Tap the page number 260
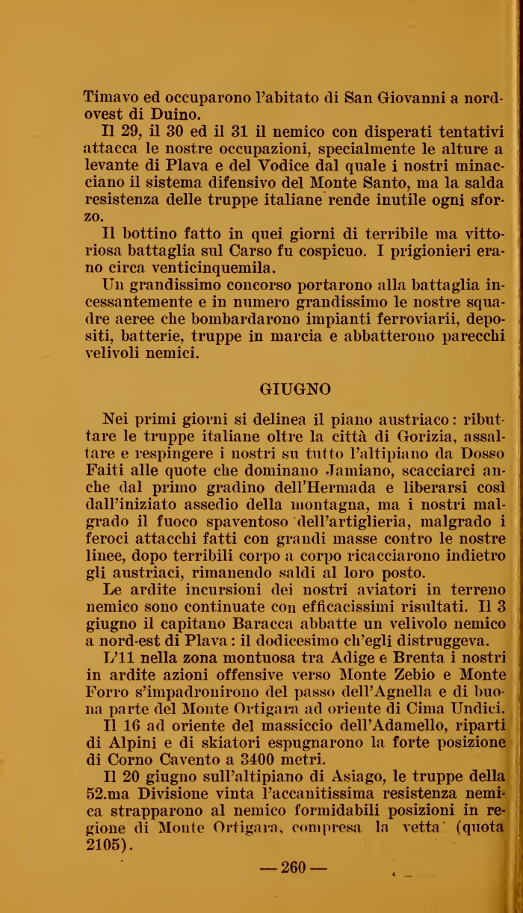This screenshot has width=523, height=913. [x=293, y=868]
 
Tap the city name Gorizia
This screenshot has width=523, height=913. [x=433, y=436]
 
